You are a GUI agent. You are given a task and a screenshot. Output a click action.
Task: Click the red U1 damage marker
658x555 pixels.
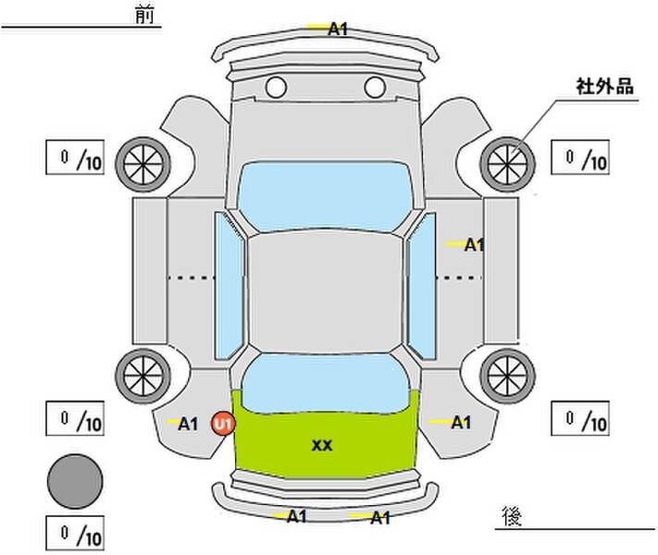coord(223,424)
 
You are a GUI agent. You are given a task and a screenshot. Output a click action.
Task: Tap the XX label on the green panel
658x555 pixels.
coord(322,446)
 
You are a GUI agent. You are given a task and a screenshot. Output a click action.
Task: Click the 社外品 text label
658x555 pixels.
coord(604,86)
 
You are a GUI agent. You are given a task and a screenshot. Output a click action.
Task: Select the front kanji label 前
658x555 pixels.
coord(144,15)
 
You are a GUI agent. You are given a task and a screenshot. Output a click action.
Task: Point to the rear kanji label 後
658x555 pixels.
coord(512,516)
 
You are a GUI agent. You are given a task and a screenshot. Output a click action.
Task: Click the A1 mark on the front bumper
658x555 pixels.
coord(338,30)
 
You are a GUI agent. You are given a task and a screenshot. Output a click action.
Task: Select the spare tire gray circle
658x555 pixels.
coord(75,481)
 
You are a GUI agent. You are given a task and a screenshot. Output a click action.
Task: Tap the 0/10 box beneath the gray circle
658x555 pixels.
coord(75,533)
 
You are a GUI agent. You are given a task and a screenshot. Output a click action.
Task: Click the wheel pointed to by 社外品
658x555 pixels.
coord(507,164)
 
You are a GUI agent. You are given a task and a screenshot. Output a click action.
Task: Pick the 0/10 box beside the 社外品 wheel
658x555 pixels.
coord(580,157)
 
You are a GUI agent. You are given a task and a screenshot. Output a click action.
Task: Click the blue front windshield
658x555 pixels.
coord(324,196)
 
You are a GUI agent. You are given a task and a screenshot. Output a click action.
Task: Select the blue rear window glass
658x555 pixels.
coord(326,382)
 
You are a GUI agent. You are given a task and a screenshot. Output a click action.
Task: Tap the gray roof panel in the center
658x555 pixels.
coord(325,292)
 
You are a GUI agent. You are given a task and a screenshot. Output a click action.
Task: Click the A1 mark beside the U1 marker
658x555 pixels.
coord(188,424)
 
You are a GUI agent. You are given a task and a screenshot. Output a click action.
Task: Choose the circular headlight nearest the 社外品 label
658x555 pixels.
coord(375,87)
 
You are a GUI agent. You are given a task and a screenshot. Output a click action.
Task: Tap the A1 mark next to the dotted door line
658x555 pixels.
coord(474,244)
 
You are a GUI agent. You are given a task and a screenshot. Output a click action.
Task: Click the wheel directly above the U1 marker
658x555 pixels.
coord(143,376)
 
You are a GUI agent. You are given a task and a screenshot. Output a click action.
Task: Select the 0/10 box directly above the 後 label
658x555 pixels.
coord(580,418)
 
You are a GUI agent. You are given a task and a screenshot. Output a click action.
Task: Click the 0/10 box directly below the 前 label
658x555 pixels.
coord(75,157)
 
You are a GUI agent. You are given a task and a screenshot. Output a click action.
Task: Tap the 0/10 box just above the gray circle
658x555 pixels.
coord(75,418)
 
